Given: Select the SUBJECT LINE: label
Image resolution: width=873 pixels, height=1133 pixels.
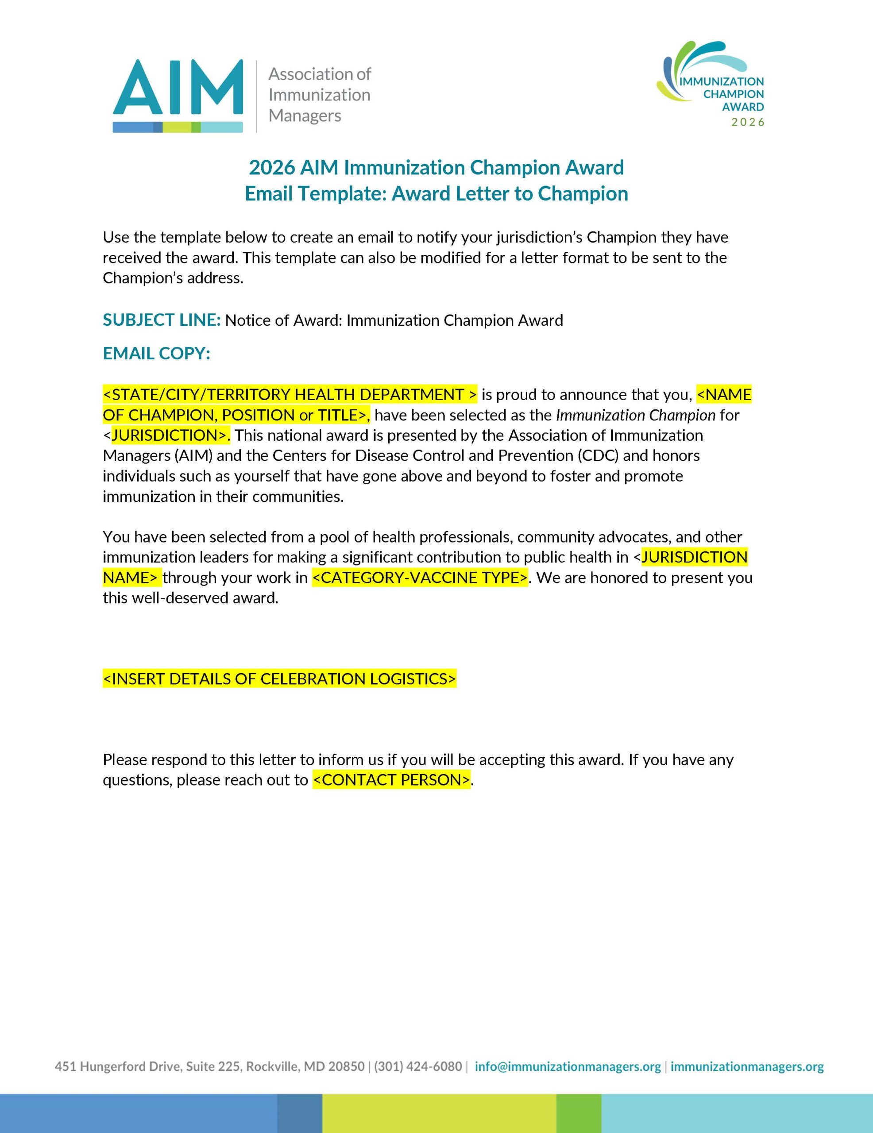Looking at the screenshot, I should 162,320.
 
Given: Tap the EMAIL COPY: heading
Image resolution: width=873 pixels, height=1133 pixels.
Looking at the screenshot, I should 156,353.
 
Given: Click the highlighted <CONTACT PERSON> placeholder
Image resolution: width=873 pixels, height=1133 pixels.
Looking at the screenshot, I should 392,780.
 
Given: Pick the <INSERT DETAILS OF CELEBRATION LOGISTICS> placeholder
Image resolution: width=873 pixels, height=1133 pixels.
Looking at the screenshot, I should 279,678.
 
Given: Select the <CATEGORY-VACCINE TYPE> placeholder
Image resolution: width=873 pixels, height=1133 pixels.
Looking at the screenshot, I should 420,578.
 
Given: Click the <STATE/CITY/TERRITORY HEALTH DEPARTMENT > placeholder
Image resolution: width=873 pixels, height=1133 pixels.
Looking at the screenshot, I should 290,395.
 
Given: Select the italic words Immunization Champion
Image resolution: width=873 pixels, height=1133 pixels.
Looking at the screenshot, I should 635,415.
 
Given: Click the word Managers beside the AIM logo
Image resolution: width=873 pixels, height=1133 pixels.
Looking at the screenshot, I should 305,116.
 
